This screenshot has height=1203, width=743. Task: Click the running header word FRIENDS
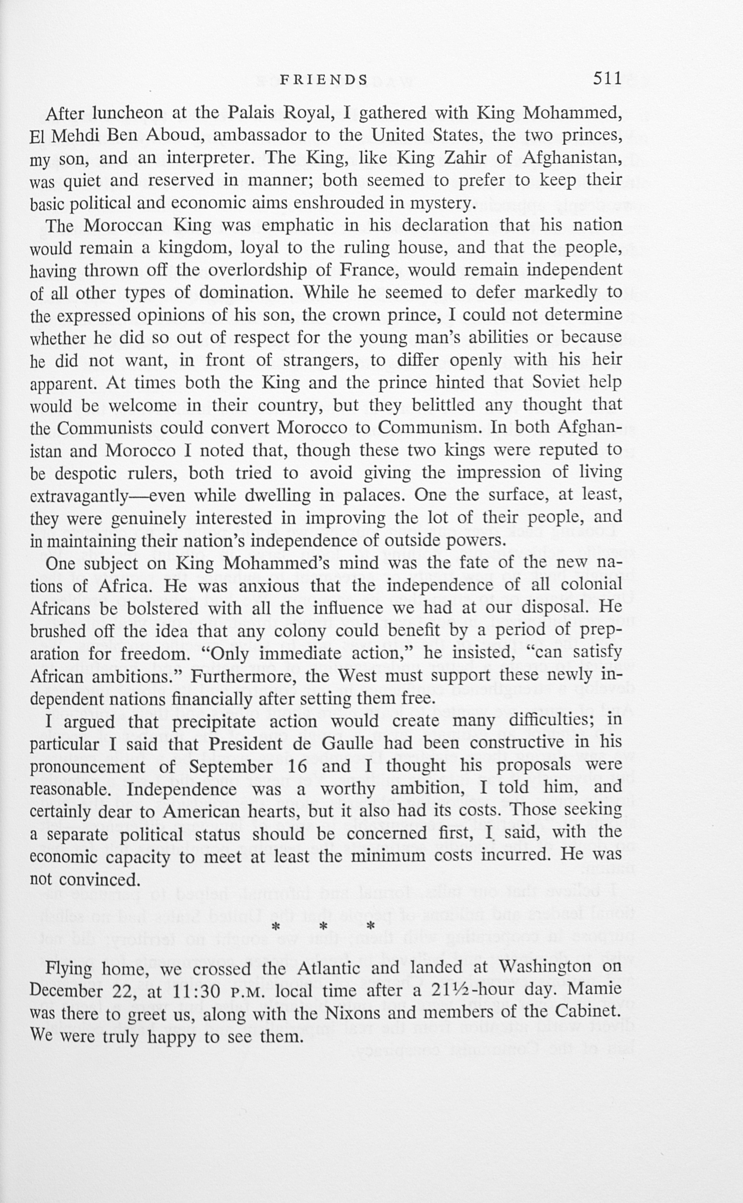click(x=324, y=80)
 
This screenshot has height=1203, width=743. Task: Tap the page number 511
click(x=607, y=79)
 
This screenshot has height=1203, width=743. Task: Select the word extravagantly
click(x=79, y=496)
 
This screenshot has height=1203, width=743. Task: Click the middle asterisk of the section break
click(x=323, y=927)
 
